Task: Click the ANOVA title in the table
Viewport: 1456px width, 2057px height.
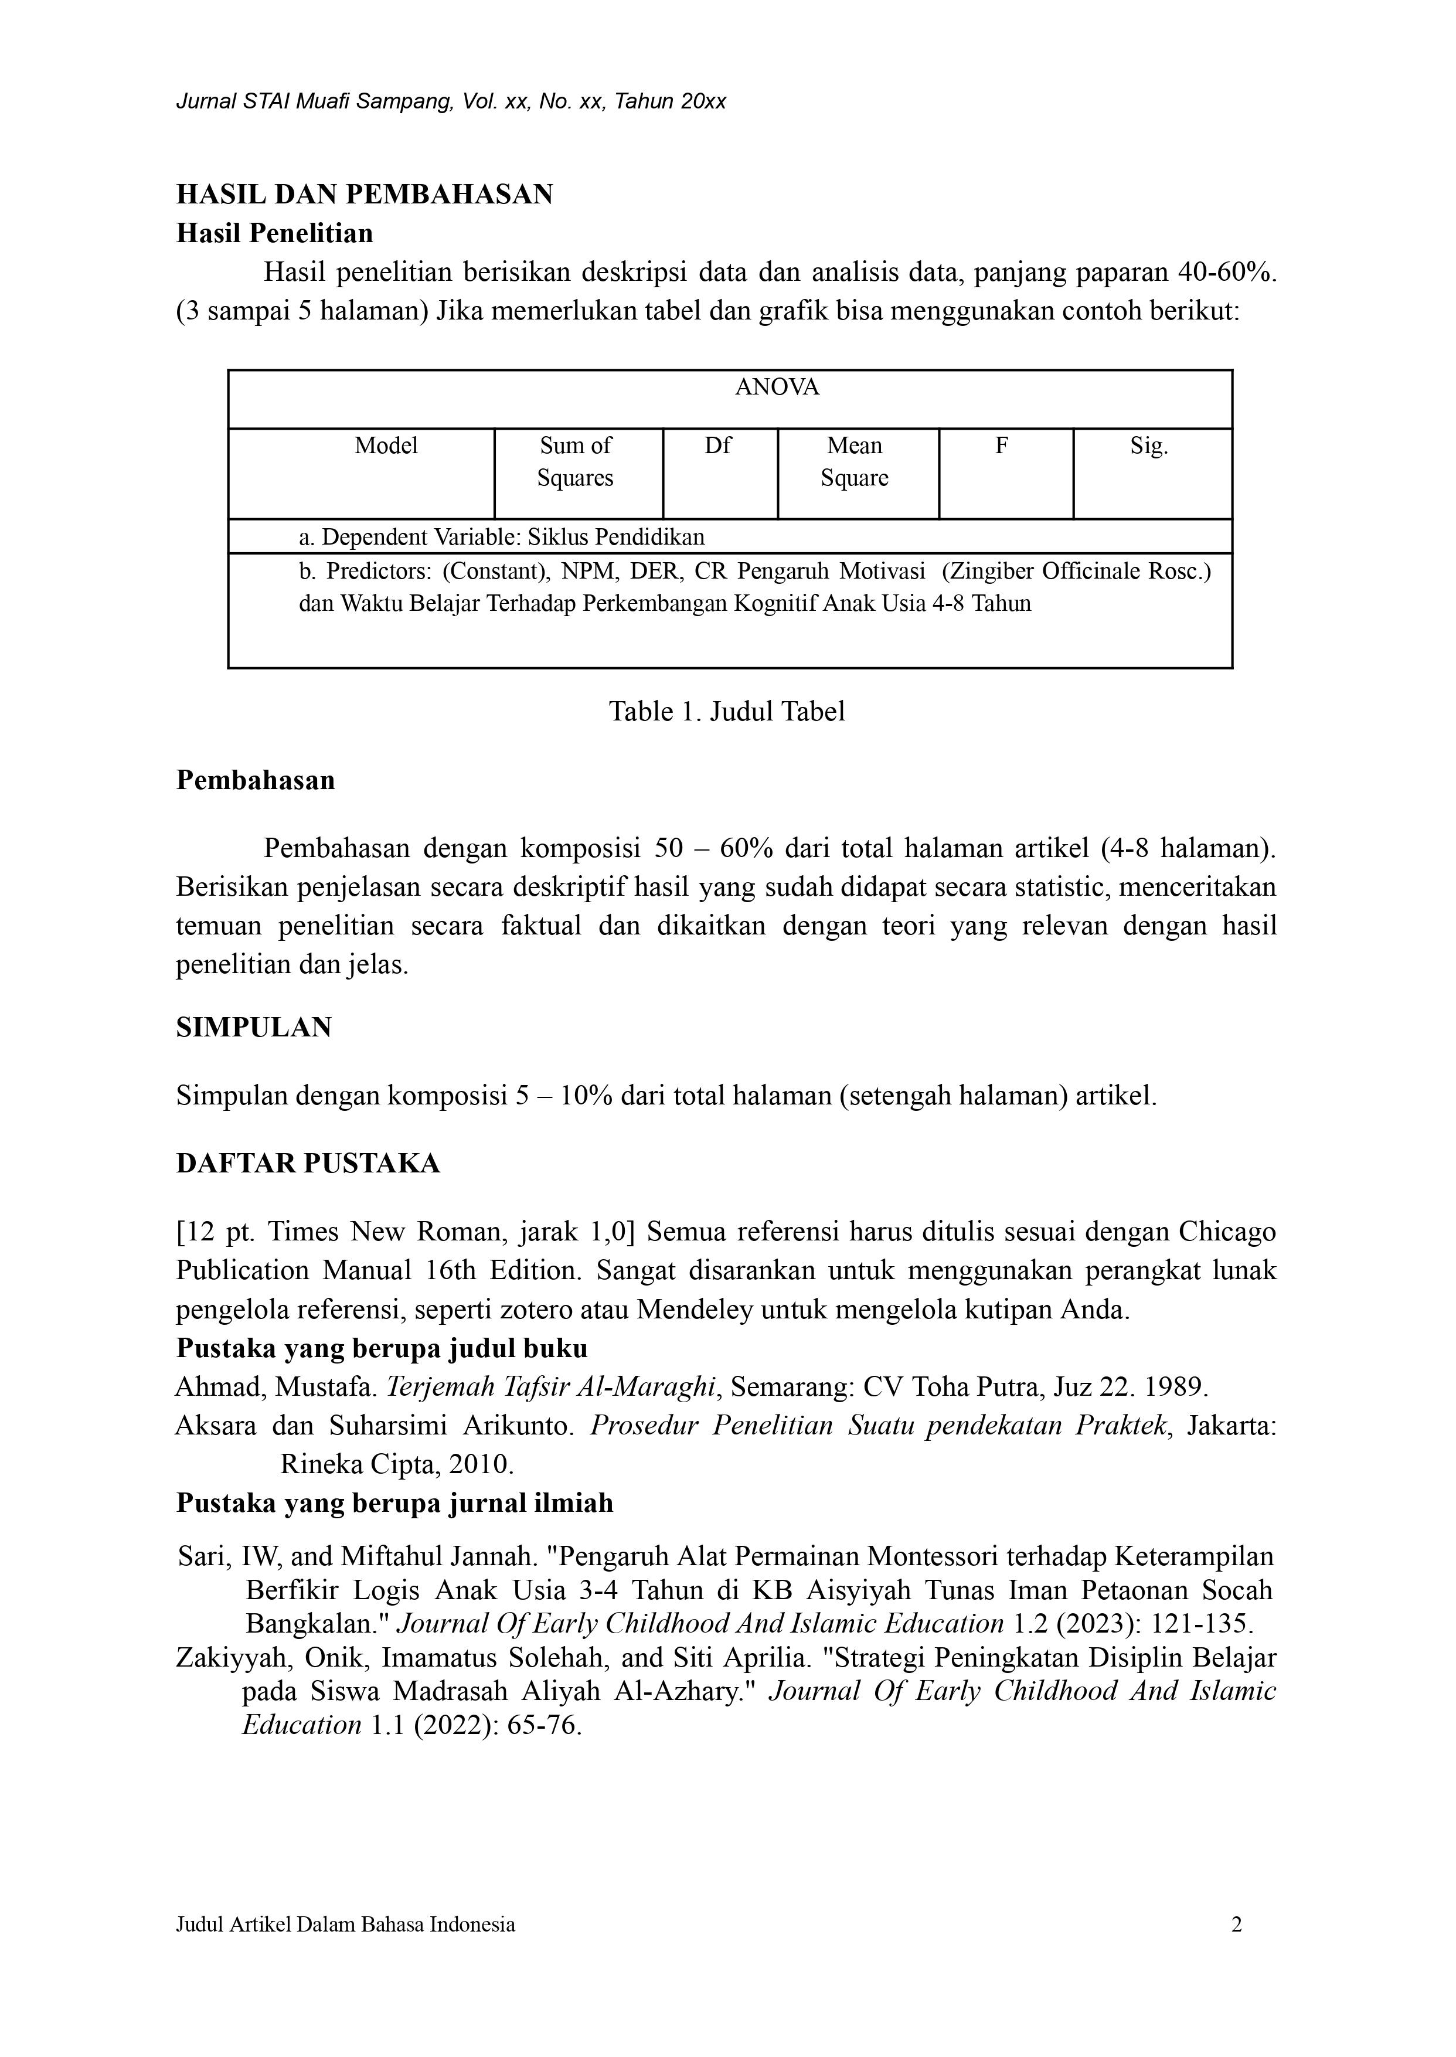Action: (x=777, y=387)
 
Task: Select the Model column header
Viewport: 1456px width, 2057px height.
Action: (x=386, y=446)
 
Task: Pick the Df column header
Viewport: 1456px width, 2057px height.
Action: (x=717, y=446)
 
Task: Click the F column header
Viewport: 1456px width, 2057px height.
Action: (x=1002, y=446)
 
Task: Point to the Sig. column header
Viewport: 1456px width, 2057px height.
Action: (x=1148, y=446)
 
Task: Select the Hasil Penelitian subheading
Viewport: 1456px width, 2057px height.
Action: (x=274, y=233)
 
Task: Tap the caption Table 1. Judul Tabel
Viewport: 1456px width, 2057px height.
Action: (x=727, y=711)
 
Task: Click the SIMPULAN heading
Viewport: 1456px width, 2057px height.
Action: (x=254, y=1026)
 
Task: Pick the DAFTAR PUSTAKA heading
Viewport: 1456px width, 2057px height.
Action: (x=308, y=1163)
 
